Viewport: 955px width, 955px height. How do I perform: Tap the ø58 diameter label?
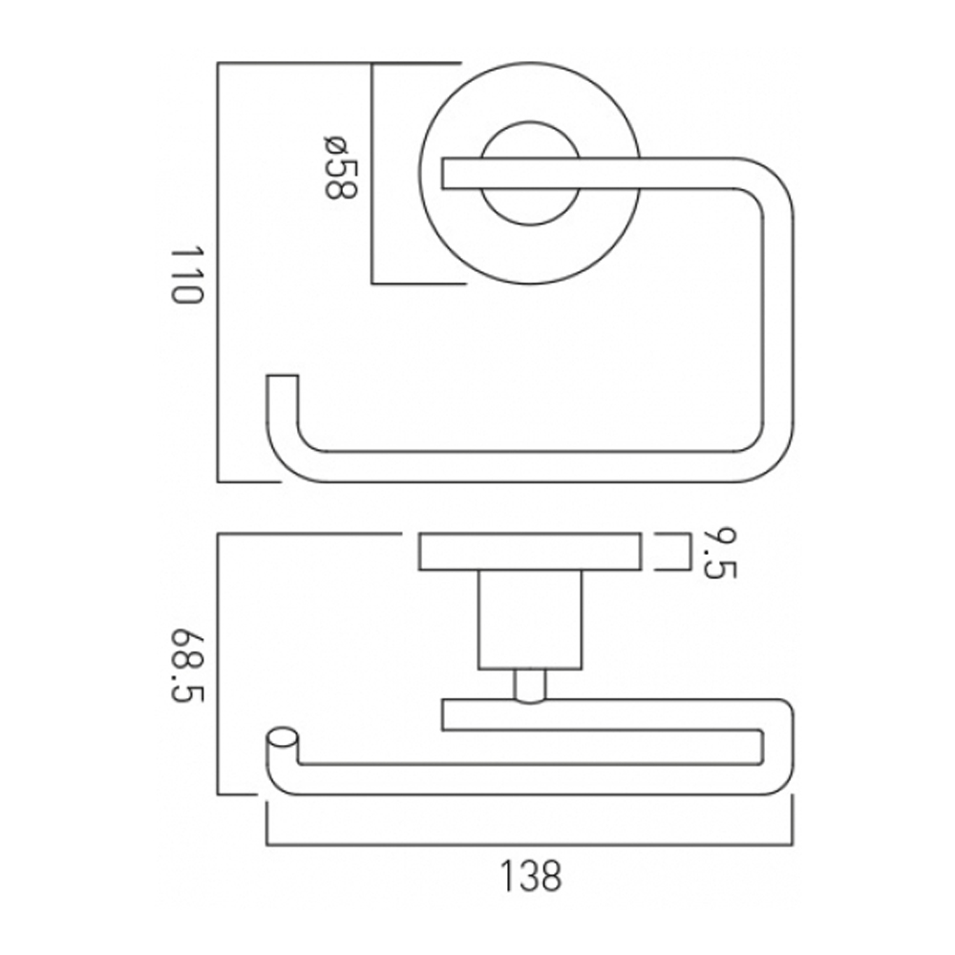pyautogui.click(x=339, y=168)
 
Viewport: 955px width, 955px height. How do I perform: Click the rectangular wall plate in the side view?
pyautogui.click(x=530, y=553)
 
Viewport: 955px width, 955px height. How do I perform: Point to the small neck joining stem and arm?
pyautogui.click(x=530, y=686)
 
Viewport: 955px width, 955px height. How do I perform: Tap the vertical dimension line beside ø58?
pyautogui.click(x=371, y=174)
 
